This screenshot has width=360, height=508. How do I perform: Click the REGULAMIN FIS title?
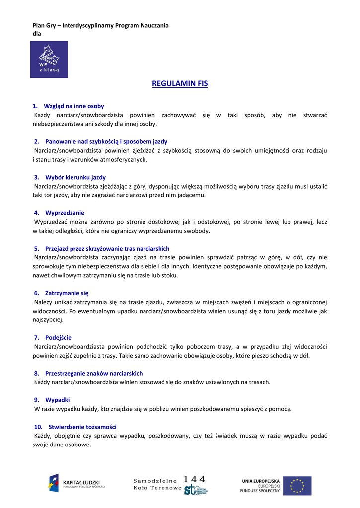180,84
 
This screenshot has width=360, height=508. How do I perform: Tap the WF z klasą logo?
49,60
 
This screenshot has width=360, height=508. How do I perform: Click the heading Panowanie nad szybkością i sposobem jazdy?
106,141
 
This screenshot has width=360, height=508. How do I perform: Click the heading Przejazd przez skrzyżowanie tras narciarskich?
107,248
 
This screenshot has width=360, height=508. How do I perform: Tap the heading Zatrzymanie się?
67,293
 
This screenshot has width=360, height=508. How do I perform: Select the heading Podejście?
58,338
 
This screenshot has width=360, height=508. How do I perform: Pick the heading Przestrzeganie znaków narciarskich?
94,373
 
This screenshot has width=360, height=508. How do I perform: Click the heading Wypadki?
57,399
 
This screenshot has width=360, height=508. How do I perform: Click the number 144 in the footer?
194,479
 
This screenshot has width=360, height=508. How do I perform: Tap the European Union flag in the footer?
297,486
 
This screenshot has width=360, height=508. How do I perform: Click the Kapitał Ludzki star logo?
53,483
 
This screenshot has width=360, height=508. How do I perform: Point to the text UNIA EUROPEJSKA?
261,481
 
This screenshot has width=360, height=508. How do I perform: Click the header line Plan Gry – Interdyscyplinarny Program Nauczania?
100,25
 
